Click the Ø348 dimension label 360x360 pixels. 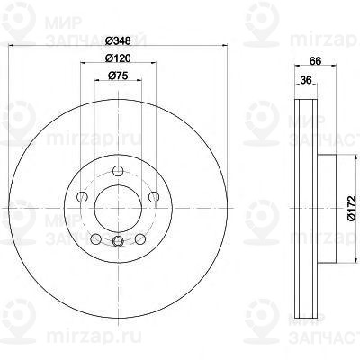click(119, 40)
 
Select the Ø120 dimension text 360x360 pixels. click(118, 58)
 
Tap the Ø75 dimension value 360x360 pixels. click(118, 76)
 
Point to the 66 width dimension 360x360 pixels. click(315, 60)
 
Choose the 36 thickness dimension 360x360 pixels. click(306, 80)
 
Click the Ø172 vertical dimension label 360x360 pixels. click(351, 208)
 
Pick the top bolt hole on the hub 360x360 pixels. click(118, 171)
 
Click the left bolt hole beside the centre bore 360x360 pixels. click(82, 197)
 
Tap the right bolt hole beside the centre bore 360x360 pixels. click(154, 197)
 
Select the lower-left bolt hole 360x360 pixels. click(95, 239)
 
